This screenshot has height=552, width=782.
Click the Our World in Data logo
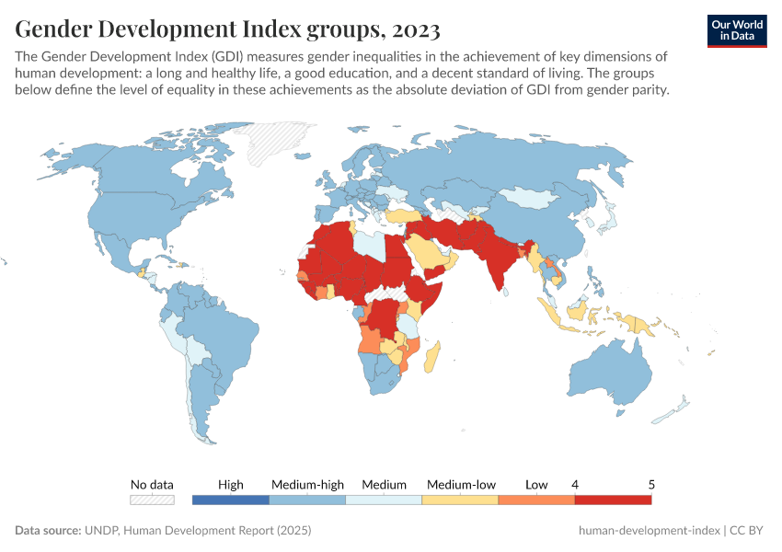click(x=736, y=29)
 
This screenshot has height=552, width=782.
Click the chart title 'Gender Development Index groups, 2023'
click(x=227, y=29)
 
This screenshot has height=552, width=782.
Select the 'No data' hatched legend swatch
click(x=152, y=500)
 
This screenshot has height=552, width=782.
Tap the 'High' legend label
click(x=231, y=484)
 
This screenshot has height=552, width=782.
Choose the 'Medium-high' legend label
click(x=307, y=484)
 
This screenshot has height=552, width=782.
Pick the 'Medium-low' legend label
click(x=461, y=484)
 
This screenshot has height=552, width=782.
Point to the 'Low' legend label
click(x=536, y=484)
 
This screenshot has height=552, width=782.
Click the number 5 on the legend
click(x=651, y=484)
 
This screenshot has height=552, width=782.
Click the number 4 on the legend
click(x=575, y=484)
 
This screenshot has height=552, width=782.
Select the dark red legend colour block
click(x=613, y=500)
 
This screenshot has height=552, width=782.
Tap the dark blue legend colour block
click(x=231, y=500)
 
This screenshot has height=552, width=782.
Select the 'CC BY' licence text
click(x=749, y=531)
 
